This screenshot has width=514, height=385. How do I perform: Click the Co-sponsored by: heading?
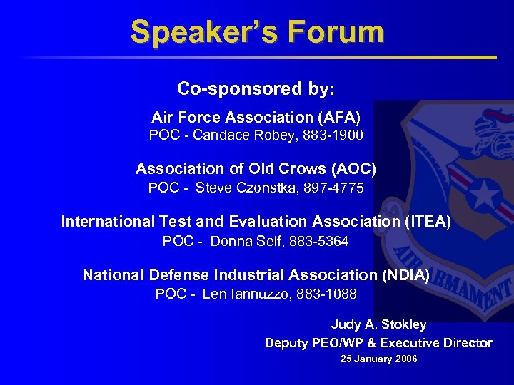coord(256,89)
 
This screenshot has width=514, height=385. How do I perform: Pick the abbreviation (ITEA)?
coord(428,222)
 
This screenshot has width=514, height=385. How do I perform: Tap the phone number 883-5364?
coord(319,242)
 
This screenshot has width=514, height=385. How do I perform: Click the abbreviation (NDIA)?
coord(405,274)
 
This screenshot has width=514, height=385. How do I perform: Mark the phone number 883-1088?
coord(328,294)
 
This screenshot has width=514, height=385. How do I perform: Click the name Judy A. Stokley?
coord(378,324)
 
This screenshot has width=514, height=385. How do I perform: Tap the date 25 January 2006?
coord(378,359)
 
